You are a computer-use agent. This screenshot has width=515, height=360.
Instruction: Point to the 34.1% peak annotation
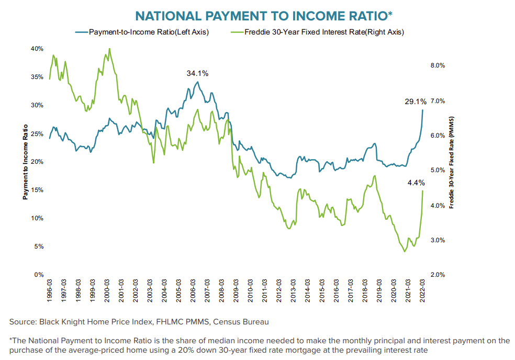pos(198,73)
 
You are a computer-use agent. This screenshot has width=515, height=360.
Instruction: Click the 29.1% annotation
pos(415,102)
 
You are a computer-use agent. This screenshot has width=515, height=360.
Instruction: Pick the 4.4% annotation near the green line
pos(416,183)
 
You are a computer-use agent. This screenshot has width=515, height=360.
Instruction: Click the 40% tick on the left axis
pos(37,48)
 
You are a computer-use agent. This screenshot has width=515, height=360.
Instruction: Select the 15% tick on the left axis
pos(37,190)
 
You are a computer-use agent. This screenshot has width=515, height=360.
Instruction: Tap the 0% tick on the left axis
pos(38,274)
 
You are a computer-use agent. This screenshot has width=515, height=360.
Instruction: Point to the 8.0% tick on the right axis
pos(437,65)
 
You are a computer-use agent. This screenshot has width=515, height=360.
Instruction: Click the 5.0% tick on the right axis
pos(437,170)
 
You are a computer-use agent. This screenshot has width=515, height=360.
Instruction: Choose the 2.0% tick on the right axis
pos(437,275)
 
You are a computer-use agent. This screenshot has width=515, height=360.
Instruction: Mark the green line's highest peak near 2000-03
pos(109,49)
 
